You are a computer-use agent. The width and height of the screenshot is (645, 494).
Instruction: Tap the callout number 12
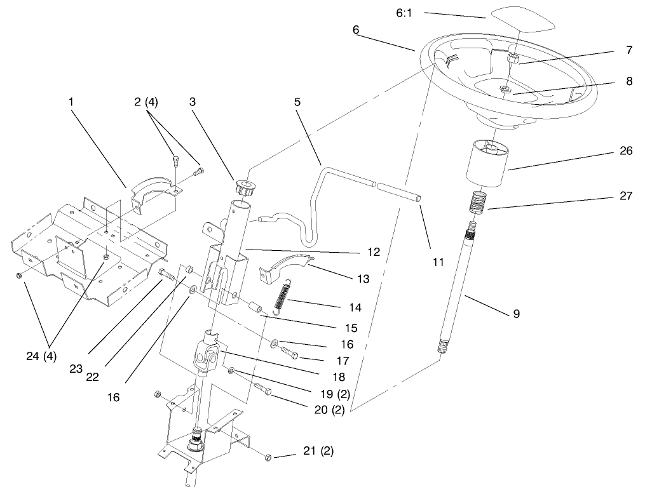(x=373, y=252)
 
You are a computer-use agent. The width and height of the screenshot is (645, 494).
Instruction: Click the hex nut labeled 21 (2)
(x=268, y=457)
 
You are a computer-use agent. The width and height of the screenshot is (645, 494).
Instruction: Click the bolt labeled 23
(x=166, y=274)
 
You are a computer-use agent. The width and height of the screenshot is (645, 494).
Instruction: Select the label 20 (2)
(x=329, y=410)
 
